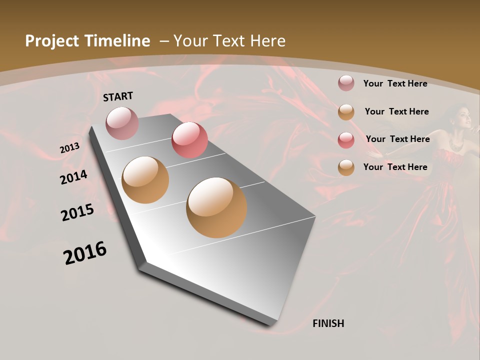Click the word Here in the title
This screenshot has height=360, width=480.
[267, 41]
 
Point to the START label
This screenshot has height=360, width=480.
[118, 96]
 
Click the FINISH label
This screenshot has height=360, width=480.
[328, 323]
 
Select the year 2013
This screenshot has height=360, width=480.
[69, 148]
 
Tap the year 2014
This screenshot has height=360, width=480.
[74, 177]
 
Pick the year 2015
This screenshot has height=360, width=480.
[77, 212]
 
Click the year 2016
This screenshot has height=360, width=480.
[85, 253]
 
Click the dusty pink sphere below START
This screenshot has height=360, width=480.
[122, 123]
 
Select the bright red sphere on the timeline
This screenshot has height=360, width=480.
[189, 140]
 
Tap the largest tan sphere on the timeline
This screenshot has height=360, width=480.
[216, 207]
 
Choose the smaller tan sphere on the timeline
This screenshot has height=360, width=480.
[145, 180]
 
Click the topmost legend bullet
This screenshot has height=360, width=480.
[346, 83]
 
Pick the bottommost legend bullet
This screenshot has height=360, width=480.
[346, 167]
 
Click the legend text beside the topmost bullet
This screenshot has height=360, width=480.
[395, 83]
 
